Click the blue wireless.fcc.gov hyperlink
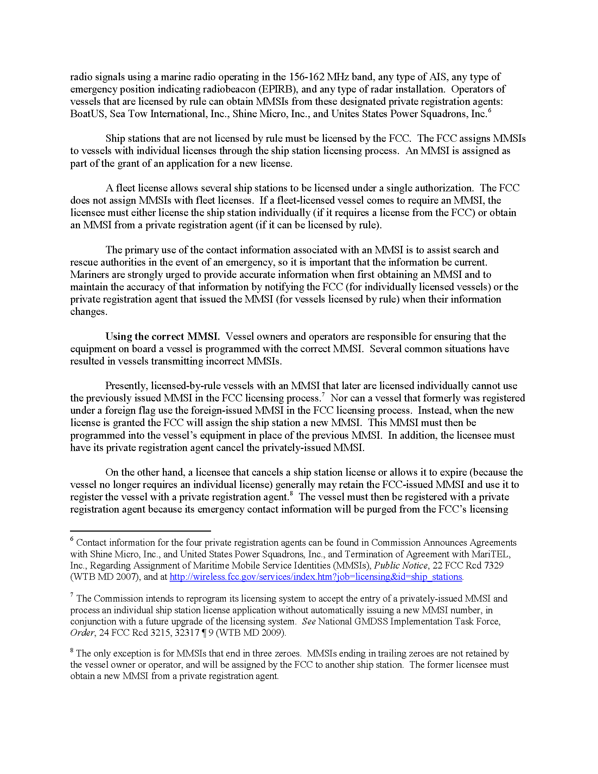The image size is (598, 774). point(316,577)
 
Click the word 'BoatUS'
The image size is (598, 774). point(87,114)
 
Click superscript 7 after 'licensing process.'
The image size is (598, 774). point(323,394)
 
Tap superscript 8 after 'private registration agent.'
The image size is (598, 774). point(291,493)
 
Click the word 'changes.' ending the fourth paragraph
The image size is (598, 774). point(89,312)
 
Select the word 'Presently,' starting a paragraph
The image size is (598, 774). point(127,386)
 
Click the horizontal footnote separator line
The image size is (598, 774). point(140,531)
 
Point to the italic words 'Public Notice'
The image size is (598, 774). point(401,565)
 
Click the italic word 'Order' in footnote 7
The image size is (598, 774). point(83,633)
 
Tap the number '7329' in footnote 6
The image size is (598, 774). point(494,565)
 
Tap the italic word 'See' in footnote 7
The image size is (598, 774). point(309,621)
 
